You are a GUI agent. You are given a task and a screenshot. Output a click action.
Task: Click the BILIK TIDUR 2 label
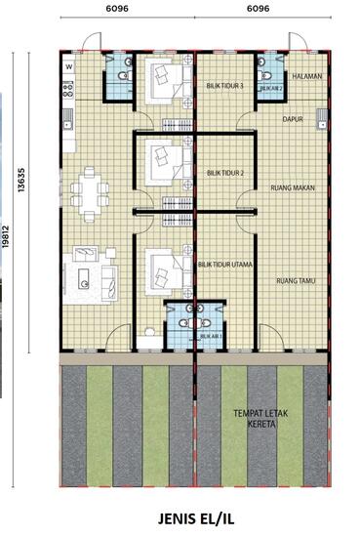click(225, 174)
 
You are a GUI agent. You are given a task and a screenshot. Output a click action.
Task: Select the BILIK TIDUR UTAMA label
click(226, 264)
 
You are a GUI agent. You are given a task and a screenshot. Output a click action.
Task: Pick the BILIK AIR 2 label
click(270, 88)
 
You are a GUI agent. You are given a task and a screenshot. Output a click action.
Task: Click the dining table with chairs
click(92, 192)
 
